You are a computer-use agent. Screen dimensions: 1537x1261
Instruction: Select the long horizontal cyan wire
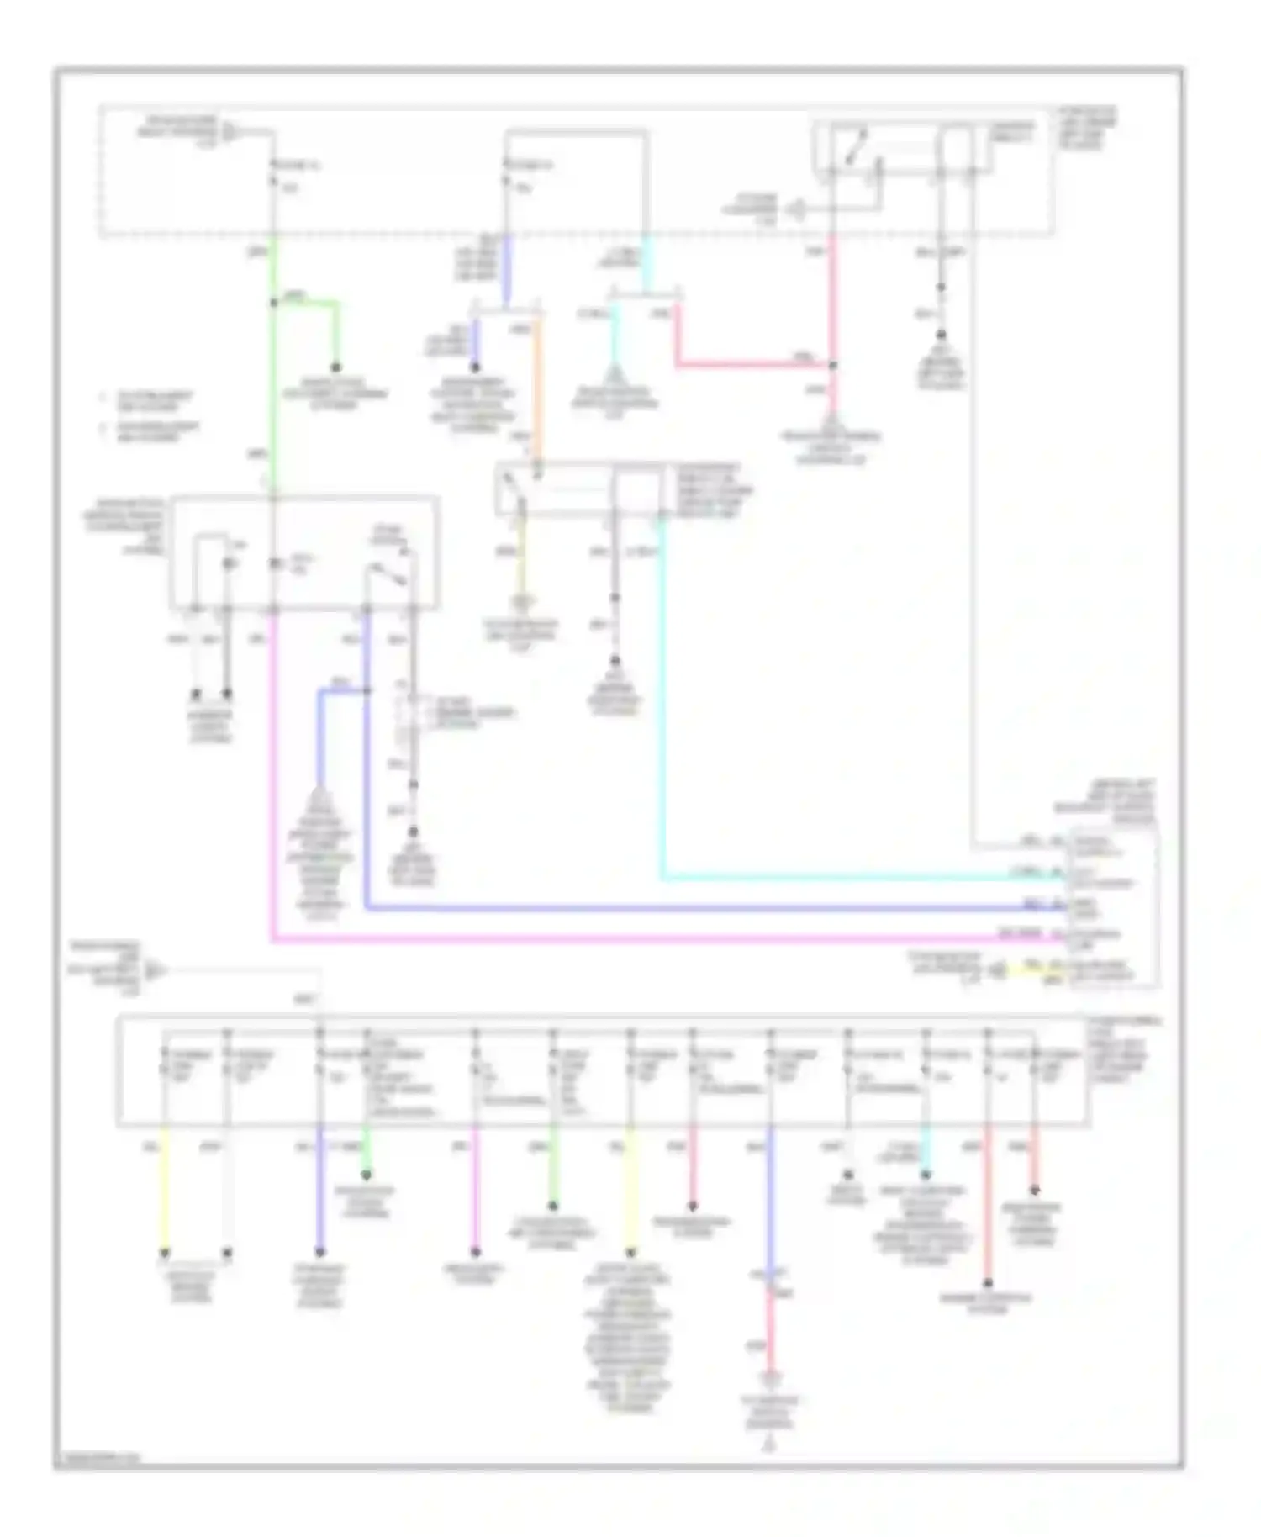(x=841, y=879)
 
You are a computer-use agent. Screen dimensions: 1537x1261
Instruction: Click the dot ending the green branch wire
(x=336, y=367)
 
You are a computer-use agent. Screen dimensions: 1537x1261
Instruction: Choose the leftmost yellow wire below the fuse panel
(x=165, y=1190)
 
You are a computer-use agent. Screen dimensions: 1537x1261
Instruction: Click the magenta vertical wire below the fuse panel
(x=475, y=1190)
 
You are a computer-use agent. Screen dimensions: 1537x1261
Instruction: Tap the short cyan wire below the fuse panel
(x=926, y=1150)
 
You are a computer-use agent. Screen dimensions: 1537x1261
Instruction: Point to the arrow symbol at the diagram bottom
(x=768, y=1445)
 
